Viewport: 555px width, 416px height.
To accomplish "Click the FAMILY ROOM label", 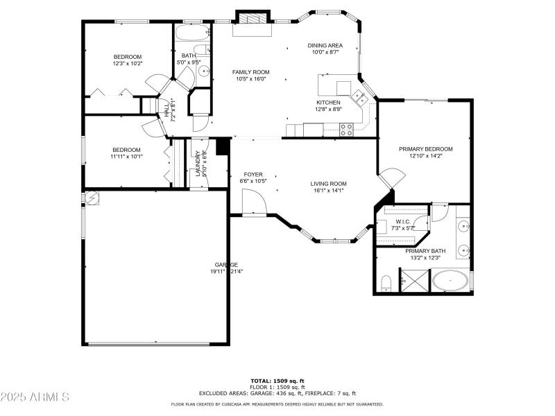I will coord(250,72).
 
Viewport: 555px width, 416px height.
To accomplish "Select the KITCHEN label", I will coord(328,102).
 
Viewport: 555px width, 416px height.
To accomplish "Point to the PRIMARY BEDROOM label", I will coord(425,149).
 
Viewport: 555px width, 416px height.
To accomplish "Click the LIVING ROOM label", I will coord(328,184).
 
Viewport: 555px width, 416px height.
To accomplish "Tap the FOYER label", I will coord(253,174).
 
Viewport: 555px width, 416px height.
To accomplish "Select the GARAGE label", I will coord(226,264).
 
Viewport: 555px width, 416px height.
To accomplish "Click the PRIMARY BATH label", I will coord(425,251).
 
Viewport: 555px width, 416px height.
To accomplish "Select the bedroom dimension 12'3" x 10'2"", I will coord(128,64).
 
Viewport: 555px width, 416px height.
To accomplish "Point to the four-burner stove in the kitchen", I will coord(346,128).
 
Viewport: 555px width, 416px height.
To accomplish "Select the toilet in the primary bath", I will coord(386,282).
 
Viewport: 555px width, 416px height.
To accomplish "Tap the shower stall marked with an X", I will coord(415,281).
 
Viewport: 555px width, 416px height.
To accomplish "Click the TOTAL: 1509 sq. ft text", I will coord(277,381).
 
